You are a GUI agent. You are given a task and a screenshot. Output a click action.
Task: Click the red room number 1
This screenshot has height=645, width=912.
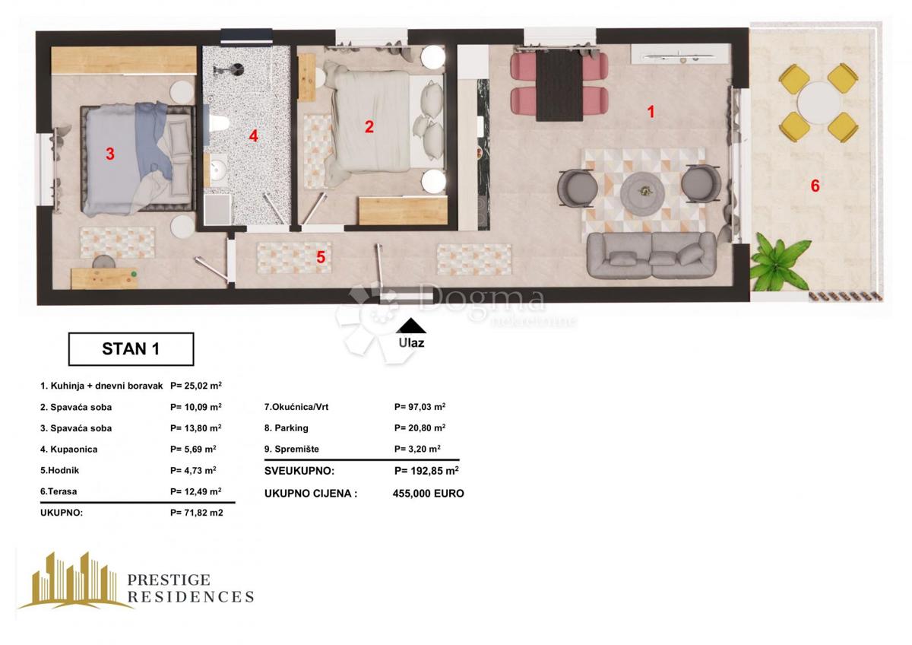pos(651,112)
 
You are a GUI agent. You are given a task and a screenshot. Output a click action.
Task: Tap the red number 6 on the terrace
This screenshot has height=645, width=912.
pos(815,186)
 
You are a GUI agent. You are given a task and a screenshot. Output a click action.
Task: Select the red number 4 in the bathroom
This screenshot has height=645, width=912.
pos(253,137)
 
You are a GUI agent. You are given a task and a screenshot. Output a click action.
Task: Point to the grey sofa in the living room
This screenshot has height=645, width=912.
pos(651,256)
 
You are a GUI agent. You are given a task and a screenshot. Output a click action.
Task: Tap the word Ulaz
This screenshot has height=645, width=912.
pos(411,342)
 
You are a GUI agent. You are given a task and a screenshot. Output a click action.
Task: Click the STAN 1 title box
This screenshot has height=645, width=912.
pos(131,349)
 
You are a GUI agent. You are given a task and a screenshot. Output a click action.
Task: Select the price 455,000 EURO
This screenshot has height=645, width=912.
pos(428,493)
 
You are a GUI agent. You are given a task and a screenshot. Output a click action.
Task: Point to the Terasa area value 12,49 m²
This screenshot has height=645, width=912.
pos(196,491)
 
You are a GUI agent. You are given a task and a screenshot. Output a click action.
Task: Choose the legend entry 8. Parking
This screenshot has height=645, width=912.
pos(286,427)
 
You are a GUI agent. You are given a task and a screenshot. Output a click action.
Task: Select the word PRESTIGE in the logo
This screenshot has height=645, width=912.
pos(169,580)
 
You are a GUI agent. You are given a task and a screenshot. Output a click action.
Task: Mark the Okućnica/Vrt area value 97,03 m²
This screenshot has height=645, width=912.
pos(420,407)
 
